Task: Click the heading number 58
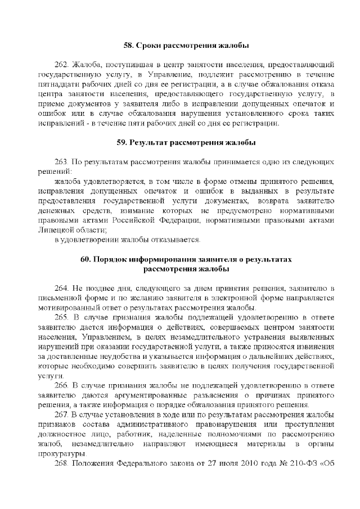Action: [128, 44]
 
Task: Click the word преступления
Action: [309, 425]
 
